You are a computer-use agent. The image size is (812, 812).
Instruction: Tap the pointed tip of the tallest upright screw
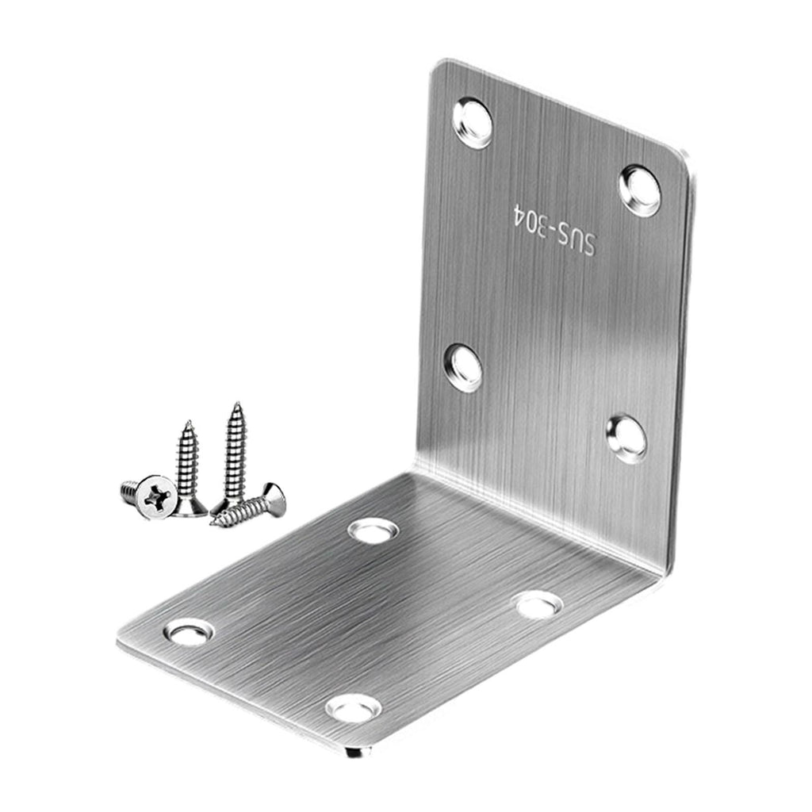coord(236,404)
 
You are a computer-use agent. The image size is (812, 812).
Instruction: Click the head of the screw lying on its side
coord(274,499)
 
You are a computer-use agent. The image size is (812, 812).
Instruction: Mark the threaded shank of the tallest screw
coord(236,450)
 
